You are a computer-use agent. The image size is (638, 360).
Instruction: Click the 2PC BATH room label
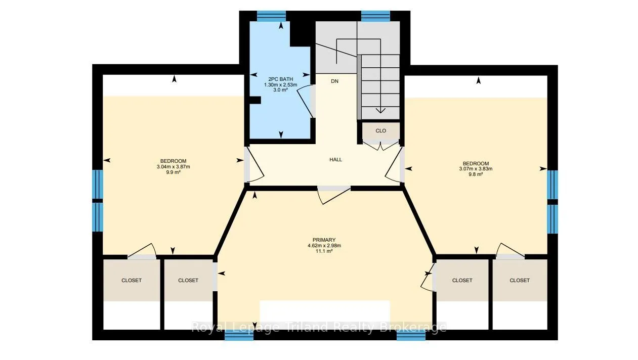[281, 79]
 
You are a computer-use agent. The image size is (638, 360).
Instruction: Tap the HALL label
[335, 160]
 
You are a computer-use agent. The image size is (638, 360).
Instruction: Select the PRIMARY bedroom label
[324, 240]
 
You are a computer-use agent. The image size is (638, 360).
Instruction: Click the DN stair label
[334, 81]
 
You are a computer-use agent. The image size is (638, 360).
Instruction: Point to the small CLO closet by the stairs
[381, 130]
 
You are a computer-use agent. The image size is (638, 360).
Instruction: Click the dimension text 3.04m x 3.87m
[173, 167]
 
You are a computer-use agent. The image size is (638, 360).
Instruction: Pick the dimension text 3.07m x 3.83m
[476, 169]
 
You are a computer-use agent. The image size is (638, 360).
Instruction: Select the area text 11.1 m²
[324, 251]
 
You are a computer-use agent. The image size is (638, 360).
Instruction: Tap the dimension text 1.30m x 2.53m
[281, 85]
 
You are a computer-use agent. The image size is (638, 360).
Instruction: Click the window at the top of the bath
[271, 16]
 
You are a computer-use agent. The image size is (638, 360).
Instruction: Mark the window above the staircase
[376, 16]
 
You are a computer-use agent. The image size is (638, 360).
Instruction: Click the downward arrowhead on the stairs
[380, 111]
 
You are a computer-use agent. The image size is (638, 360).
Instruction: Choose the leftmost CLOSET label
[132, 280]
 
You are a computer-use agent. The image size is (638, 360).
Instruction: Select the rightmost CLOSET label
[520, 280]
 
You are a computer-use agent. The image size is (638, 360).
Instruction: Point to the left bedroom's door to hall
[254, 164]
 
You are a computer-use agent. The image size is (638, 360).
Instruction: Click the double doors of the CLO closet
[381, 145]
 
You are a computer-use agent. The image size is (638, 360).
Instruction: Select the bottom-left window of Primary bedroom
[239, 335]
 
